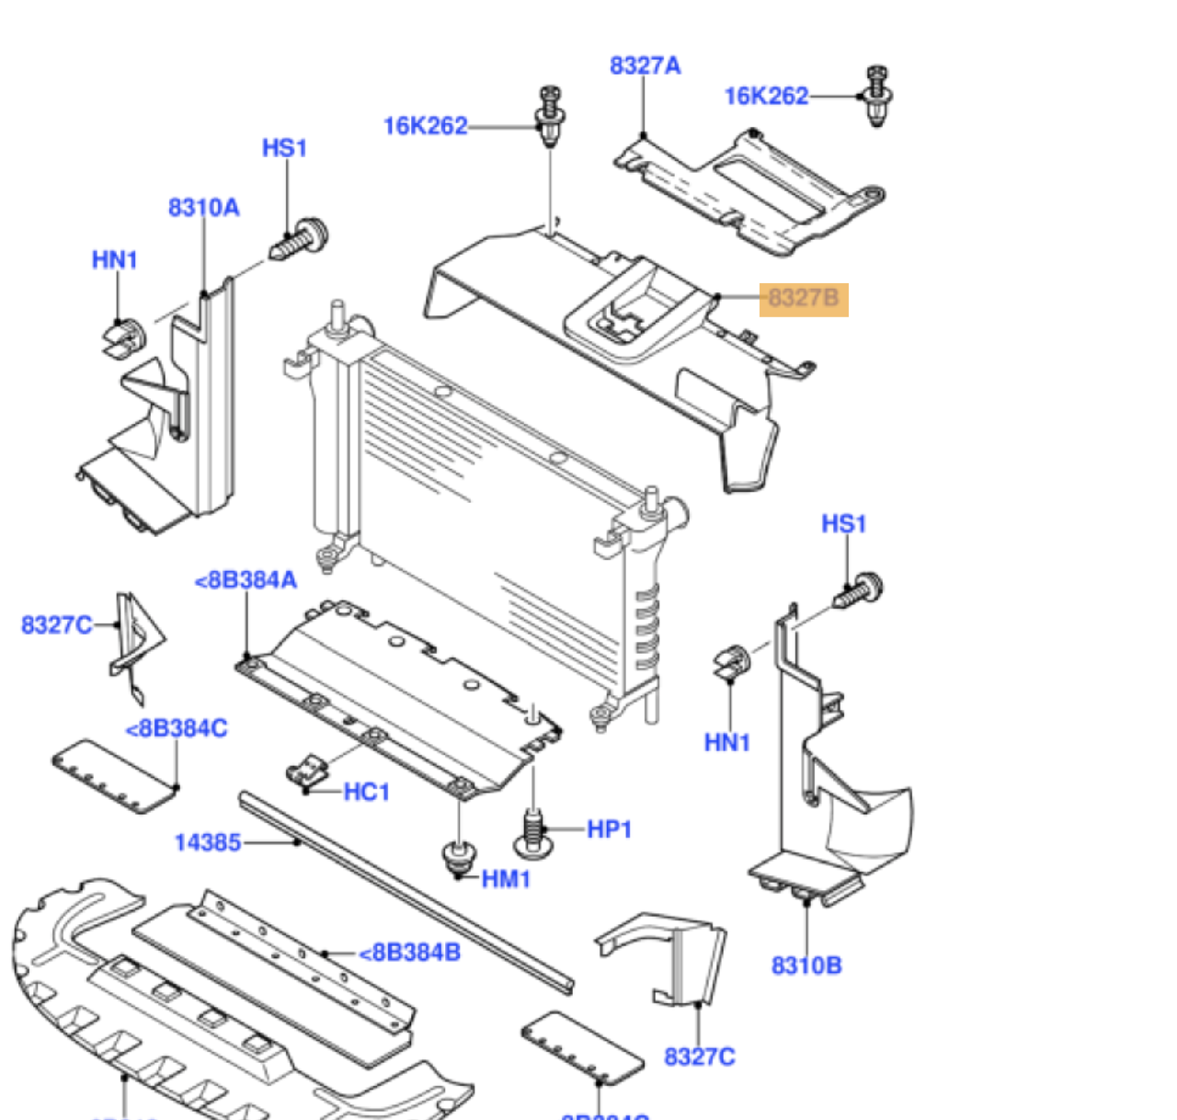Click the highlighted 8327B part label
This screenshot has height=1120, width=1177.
(x=804, y=298)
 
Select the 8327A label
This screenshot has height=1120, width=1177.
(x=645, y=65)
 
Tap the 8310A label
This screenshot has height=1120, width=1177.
(x=203, y=208)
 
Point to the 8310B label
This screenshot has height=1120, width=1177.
(x=806, y=966)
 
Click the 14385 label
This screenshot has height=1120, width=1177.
(x=208, y=842)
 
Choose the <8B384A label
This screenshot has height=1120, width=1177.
(x=246, y=580)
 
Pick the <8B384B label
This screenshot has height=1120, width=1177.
(x=409, y=953)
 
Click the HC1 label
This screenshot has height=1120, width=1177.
(x=367, y=792)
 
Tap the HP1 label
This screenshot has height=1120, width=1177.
(x=609, y=829)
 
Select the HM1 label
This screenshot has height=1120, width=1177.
(x=506, y=880)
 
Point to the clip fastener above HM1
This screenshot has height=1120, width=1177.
(x=458, y=857)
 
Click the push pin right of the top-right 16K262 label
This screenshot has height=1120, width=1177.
(x=876, y=96)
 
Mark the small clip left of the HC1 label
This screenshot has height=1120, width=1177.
(x=307, y=771)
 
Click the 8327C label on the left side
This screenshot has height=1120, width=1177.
(x=56, y=625)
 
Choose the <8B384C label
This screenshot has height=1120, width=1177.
(x=177, y=729)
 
